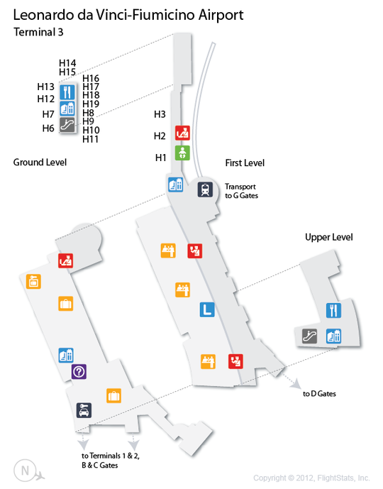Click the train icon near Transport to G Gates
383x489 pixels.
click(206, 189)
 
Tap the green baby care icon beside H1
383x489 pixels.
click(182, 153)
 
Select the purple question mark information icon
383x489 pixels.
click(79, 371)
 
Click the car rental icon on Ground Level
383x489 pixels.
click(84, 410)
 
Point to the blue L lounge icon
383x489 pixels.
click(207, 309)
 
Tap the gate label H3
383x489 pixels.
click(160, 114)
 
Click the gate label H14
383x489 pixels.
click(67, 63)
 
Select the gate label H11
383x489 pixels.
click(91, 139)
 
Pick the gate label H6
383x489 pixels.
click(48, 128)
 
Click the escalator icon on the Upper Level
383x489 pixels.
click(309, 336)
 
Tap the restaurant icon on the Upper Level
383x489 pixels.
click(333, 310)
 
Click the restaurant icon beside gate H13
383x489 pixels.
click(67, 92)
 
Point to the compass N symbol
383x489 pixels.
click(26, 471)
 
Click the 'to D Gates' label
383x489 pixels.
click(319, 394)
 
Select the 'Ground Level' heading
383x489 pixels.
click(40, 162)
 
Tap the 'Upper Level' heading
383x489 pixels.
click(329, 237)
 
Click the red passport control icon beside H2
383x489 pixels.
click(182, 133)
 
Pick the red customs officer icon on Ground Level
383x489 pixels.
click(66, 260)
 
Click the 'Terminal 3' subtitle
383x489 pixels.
click(38, 32)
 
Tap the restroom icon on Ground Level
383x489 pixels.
click(66, 355)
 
